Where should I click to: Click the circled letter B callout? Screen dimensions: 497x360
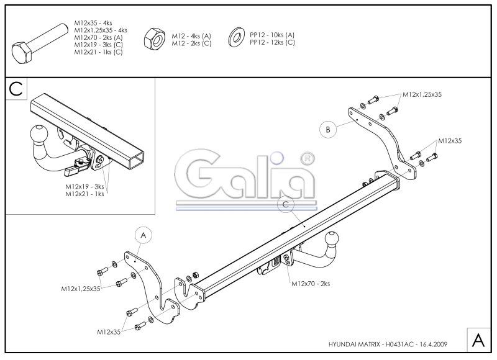pos(328,129)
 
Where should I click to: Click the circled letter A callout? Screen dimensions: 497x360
pos(144,235)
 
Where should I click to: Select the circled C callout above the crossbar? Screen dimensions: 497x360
pos(286,204)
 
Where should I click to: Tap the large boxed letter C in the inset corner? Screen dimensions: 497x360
pos(16,89)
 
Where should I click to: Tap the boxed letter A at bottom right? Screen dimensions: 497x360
pos(478,340)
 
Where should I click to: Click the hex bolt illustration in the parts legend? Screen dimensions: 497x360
pos(40,43)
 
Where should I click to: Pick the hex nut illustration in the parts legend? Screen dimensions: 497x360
pos(154,38)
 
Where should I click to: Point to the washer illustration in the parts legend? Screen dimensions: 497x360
pos(236,37)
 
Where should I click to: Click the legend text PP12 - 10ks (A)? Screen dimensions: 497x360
pos(272,35)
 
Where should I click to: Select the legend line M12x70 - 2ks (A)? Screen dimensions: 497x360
pos(98,37)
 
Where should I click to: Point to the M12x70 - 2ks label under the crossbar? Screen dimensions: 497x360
pos(311,284)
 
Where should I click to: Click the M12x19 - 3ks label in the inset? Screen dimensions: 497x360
pos(84,187)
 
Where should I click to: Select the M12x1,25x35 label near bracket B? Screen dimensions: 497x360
pos(422,94)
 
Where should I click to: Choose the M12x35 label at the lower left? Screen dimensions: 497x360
pos(109,332)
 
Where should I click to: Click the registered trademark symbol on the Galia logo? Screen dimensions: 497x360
pos(307,159)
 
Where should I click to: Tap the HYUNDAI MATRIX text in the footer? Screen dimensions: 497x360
pos(354,344)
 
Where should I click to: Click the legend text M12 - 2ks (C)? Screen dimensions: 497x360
pos(191,43)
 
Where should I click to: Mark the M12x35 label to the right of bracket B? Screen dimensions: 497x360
pos(450,140)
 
